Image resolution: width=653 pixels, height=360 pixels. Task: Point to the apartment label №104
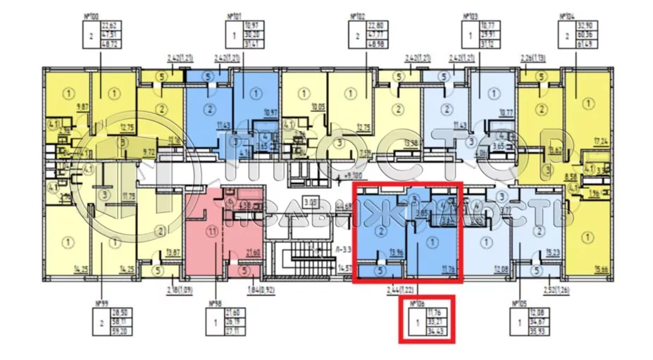pos(564,15)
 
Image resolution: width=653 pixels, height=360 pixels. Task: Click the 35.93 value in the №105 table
pos(546,330)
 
